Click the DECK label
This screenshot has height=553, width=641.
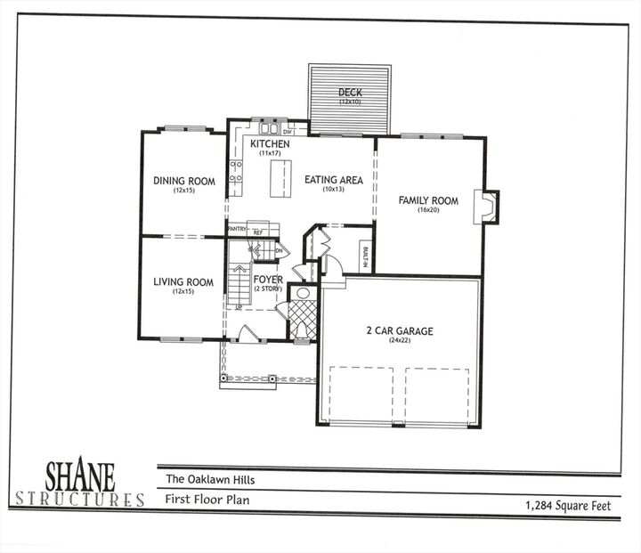point(349,93)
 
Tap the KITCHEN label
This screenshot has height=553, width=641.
point(270,144)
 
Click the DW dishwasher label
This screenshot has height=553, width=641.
point(288,132)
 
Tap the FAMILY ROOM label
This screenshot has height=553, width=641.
point(428,201)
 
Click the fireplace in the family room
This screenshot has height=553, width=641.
point(489,207)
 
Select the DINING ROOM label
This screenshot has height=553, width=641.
point(183,182)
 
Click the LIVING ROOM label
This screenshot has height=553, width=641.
point(183,283)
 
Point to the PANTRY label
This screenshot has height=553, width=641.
point(237,230)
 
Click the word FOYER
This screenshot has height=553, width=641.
point(268,280)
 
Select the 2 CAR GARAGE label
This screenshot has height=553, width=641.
point(400,331)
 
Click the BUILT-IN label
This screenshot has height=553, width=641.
point(365,256)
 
